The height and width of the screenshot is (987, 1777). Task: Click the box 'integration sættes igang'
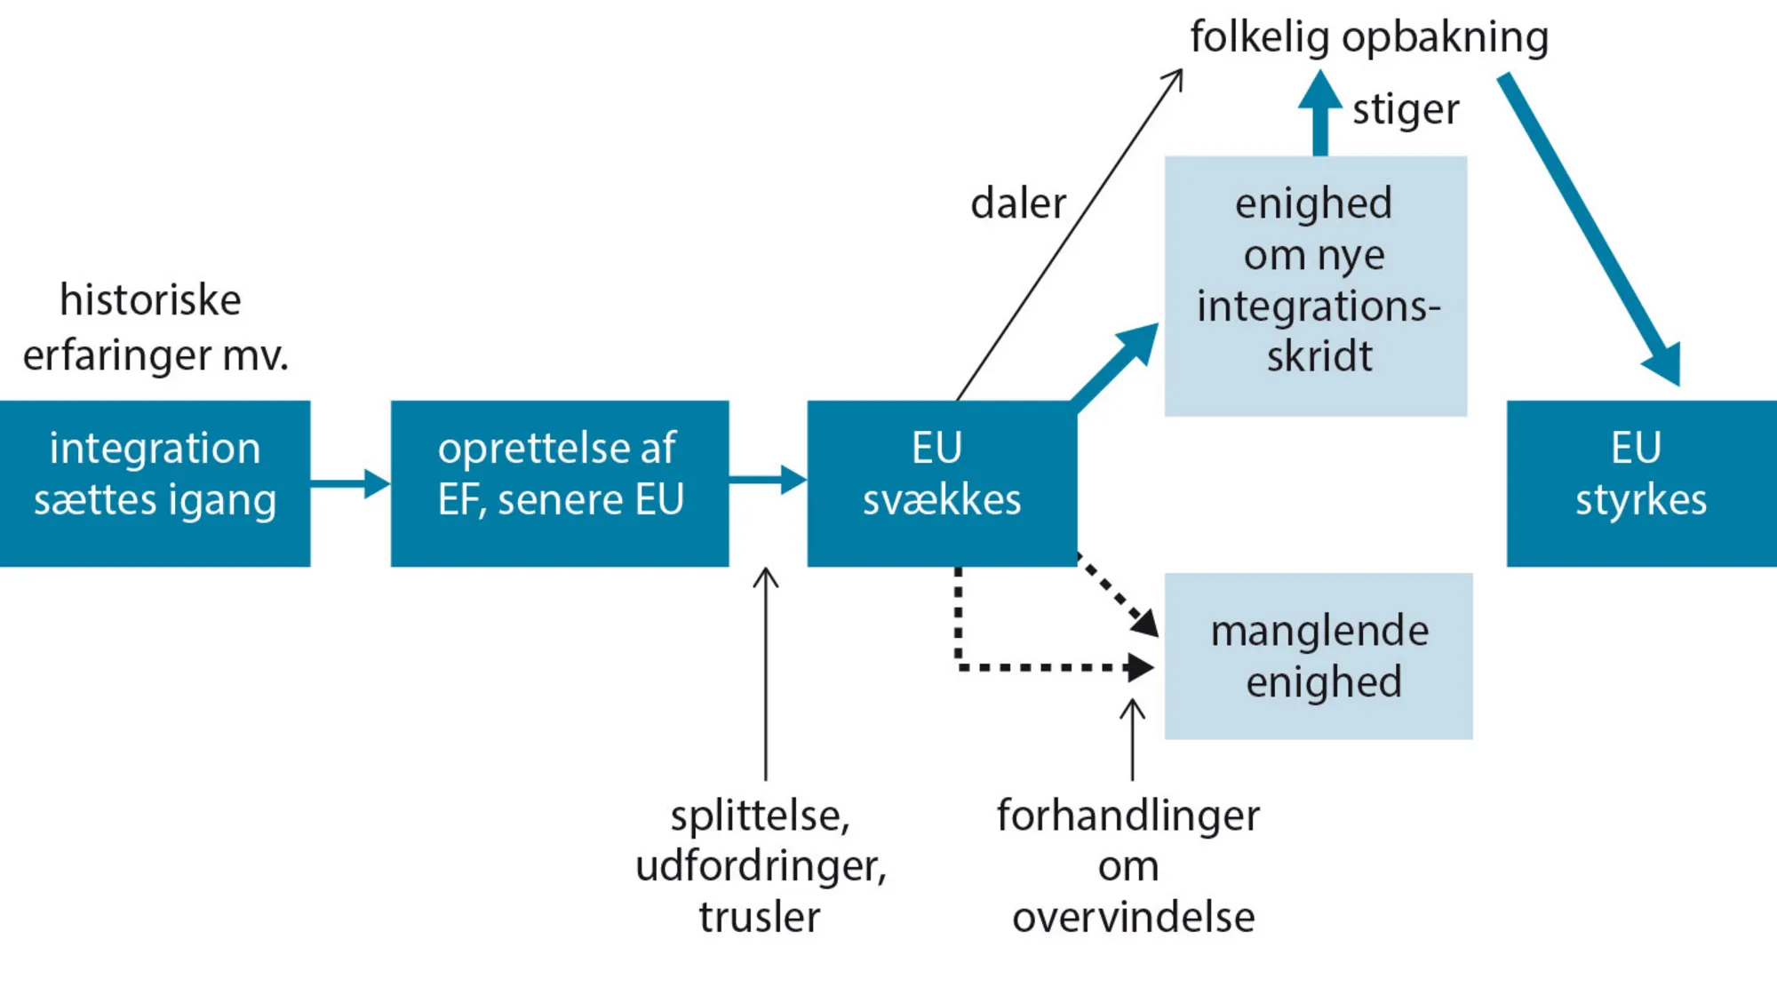[155, 483]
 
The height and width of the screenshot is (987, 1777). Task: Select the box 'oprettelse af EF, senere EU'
[560, 483]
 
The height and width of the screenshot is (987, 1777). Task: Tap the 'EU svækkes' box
[942, 483]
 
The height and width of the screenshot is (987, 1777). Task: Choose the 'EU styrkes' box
[1640, 483]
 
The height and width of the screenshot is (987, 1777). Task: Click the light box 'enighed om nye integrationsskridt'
[1315, 284]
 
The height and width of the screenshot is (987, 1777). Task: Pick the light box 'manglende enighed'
[1319, 656]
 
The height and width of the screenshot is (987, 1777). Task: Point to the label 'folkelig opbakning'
[1368, 37]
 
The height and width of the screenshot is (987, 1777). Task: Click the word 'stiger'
[1406, 110]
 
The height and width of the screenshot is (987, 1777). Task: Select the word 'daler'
[1017, 203]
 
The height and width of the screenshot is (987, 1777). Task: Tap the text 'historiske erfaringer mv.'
[155, 327]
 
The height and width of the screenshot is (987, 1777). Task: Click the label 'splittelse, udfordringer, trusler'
[761, 865]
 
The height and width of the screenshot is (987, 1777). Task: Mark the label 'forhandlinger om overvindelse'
[1128, 865]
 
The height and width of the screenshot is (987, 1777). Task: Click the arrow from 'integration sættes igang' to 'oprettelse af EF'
[350, 483]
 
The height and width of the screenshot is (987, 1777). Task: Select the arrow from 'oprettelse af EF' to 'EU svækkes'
[768, 480]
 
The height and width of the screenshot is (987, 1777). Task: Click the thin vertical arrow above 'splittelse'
[765, 675]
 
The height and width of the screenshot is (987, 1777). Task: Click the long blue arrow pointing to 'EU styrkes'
[1590, 231]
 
